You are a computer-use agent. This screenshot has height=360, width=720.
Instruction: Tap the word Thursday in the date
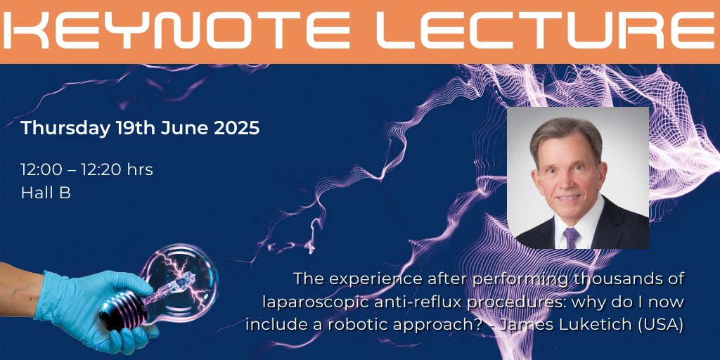pos(64,129)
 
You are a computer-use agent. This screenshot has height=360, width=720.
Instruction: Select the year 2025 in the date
pos(236,129)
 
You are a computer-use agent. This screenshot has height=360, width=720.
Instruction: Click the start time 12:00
pos(41,169)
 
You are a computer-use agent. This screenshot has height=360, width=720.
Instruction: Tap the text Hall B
pos(46,193)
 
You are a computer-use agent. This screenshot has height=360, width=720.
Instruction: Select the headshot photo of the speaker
pos(578,177)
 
